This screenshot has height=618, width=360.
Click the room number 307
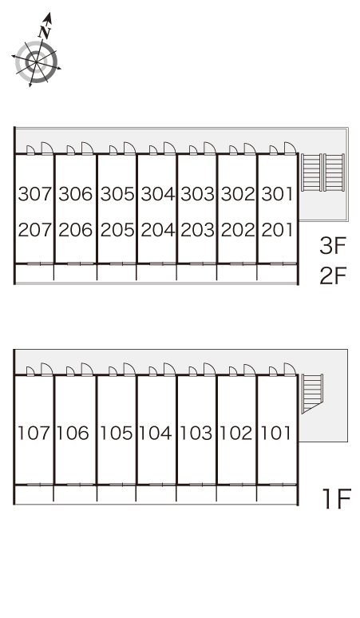[35, 194]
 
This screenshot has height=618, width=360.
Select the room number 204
[157, 230]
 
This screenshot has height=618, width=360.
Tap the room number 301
[277, 194]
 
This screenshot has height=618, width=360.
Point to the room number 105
[116, 433]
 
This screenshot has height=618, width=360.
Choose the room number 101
[276, 433]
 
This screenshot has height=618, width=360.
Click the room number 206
[75, 230]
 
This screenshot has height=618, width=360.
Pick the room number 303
[198, 194]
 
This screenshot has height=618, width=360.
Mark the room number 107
[34, 433]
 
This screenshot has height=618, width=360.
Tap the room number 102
[235, 433]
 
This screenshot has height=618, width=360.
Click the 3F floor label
[332, 246]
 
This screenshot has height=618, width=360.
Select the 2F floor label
[332, 275]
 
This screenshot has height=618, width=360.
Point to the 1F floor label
[336, 499]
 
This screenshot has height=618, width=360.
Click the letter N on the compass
[45, 31]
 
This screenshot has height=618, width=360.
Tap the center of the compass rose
[36, 62]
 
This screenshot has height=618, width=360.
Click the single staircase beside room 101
[312, 394]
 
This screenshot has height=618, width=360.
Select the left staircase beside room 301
[311, 172]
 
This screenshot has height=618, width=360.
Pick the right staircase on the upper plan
[334, 172]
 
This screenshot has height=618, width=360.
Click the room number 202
[238, 230]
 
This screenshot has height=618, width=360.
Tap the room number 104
[156, 433]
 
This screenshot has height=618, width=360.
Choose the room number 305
[117, 194]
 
